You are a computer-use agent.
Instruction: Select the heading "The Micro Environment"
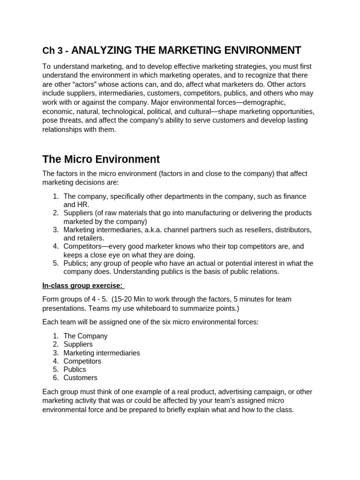tap(101, 159)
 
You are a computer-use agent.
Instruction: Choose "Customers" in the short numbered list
tap(81, 378)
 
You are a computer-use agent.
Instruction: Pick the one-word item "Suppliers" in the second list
tap(78, 344)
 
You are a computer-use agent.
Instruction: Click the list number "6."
tap(56, 378)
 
